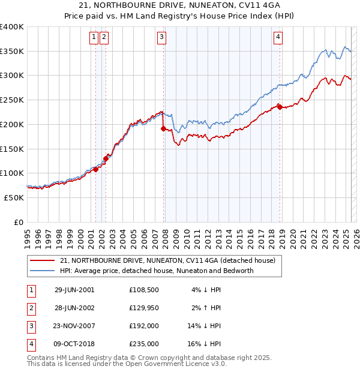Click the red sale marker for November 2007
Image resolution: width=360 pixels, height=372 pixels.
click(163, 128)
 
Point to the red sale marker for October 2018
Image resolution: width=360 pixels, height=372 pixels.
click(280, 107)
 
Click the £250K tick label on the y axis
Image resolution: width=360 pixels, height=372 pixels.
click(12, 100)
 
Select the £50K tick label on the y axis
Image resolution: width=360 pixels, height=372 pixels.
click(14, 197)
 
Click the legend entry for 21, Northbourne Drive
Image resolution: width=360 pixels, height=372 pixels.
click(167, 260)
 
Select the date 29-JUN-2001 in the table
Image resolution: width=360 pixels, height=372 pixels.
click(74, 290)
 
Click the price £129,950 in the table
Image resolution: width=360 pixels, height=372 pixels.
click(144, 308)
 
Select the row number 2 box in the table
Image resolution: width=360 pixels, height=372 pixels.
click(31, 308)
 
